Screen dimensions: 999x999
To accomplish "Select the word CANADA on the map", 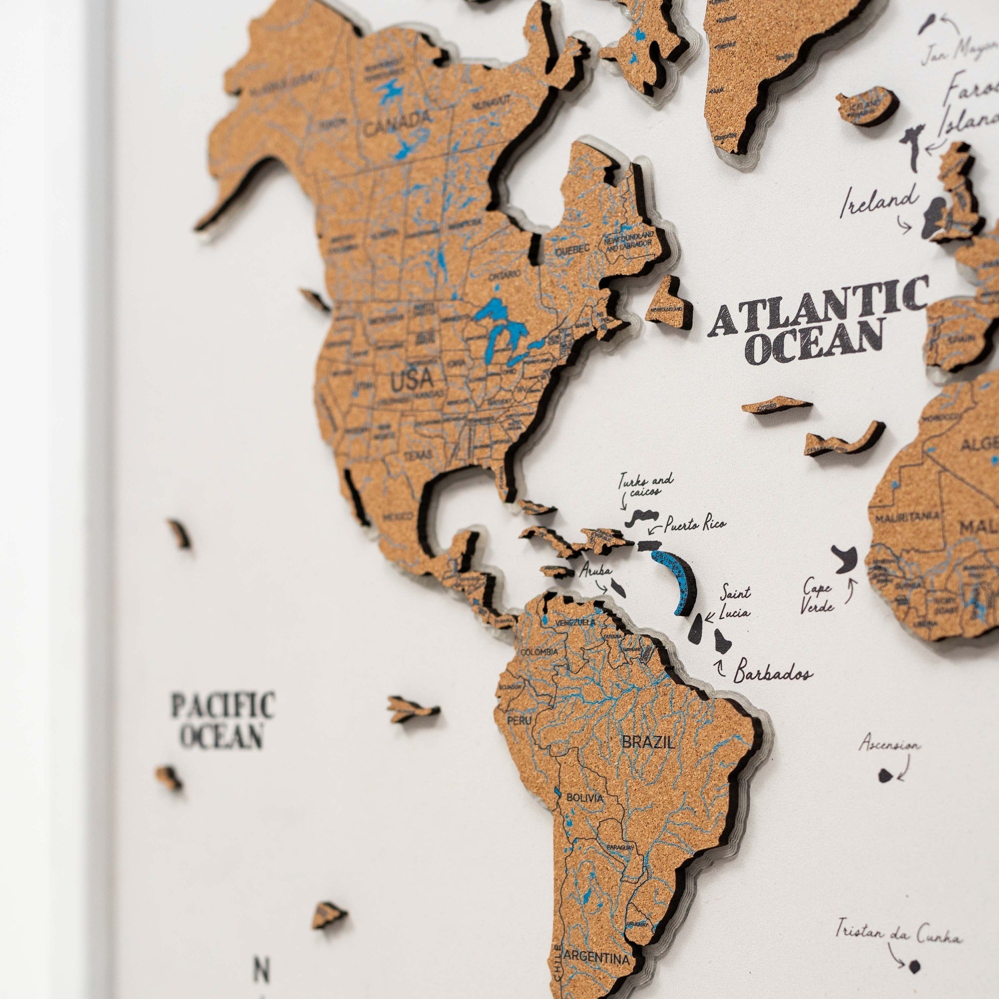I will point(397,122).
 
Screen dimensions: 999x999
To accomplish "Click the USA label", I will point(412,381).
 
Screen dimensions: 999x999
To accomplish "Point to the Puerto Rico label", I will point(694,525).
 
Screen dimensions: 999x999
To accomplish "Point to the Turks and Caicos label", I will point(646,486).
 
